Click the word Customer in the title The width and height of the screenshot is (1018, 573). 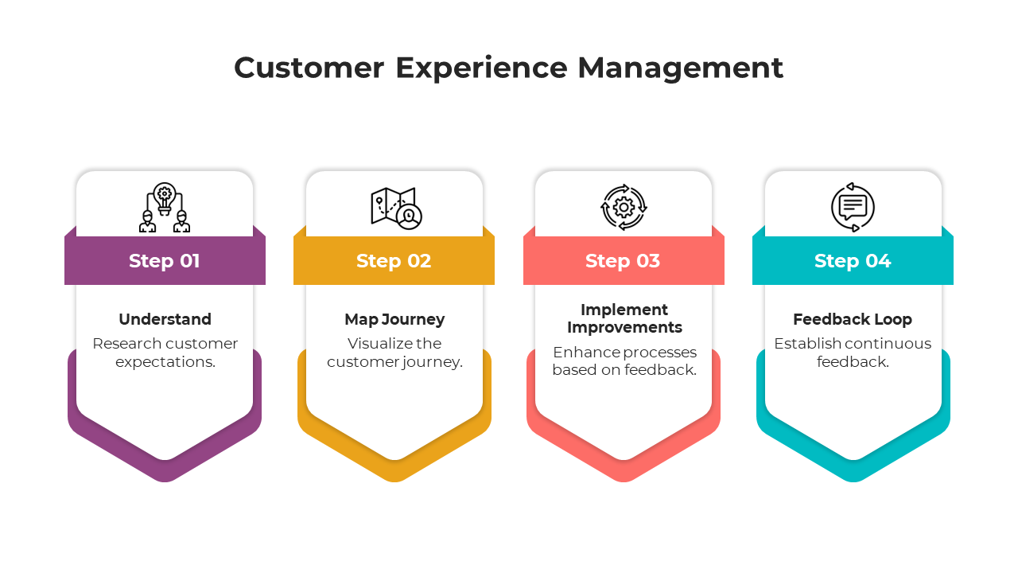pyautogui.click(x=309, y=68)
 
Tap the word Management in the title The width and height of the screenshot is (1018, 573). pyautogui.click(x=680, y=68)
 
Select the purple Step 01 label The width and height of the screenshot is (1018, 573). pyautogui.click(x=165, y=261)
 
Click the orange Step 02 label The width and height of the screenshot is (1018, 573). pyautogui.click(x=394, y=261)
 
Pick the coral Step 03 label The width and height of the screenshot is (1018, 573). pyautogui.click(x=623, y=261)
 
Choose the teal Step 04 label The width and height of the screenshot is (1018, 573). pyautogui.click(x=853, y=261)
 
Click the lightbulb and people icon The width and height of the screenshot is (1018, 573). pyautogui.click(x=165, y=208)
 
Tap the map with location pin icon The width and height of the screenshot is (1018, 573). pyautogui.click(x=396, y=208)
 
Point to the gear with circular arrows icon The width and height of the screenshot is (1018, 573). pyautogui.click(x=624, y=208)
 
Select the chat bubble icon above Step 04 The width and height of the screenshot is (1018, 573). pyautogui.click(x=853, y=208)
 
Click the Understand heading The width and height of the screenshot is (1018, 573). pyautogui.click(x=165, y=319)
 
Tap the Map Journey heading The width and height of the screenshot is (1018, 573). pyautogui.click(x=394, y=319)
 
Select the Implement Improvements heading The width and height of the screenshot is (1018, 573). pyautogui.click(x=624, y=318)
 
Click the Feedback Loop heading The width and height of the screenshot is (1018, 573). pyautogui.click(x=853, y=319)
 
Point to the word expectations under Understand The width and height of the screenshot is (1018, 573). pyautogui.click(x=165, y=362)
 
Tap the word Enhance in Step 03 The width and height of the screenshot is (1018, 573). pyautogui.click(x=585, y=353)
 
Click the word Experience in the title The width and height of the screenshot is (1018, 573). pyautogui.click(x=481, y=68)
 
